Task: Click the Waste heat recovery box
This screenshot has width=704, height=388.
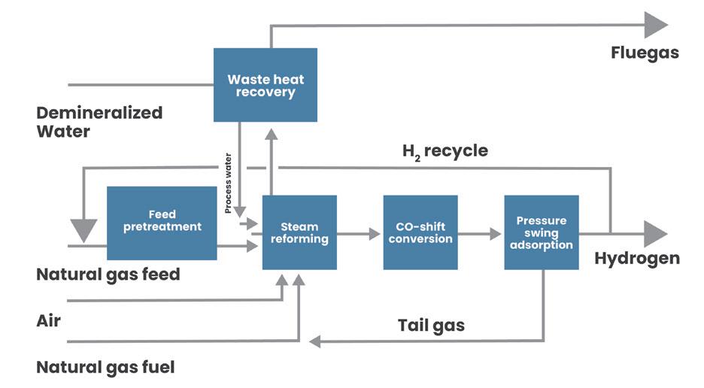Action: click(x=265, y=85)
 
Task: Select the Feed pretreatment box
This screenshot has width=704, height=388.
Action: click(x=162, y=223)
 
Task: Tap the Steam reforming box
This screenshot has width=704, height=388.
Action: click(x=299, y=232)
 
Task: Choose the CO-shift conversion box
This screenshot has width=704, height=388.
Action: click(x=420, y=232)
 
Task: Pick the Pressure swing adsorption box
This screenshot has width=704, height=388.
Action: click(x=541, y=232)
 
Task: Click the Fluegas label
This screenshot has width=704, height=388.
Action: click(x=645, y=53)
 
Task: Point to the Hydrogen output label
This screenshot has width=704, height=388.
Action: click(x=636, y=259)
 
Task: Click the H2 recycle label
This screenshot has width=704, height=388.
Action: click(x=445, y=151)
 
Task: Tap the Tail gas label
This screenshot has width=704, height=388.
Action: click(x=431, y=326)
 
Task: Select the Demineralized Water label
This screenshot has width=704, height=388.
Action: click(x=99, y=122)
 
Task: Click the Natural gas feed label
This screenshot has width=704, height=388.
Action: click(x=108, y=274)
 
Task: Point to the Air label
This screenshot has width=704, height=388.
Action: click(x=49, y=321)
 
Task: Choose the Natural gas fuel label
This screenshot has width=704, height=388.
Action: click(x=105, y=368)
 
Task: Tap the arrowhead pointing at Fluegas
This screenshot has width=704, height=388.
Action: click(x=655, y=25)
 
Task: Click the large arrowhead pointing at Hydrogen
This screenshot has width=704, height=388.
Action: click(x=655, y=234)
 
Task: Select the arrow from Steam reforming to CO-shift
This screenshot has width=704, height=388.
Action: click(x=360, y=234)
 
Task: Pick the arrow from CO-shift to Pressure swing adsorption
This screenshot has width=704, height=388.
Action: click(x=481, y=234)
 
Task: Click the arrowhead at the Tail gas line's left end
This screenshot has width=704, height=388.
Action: click(x=316, y=342)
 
